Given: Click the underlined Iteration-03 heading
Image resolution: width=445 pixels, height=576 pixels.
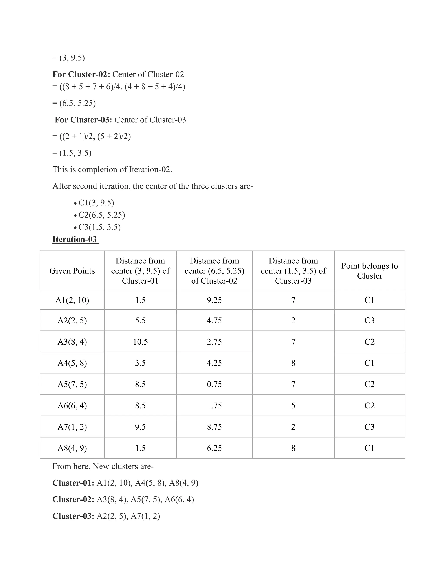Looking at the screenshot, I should pos(75,239).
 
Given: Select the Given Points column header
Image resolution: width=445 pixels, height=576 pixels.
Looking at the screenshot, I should pos(72,271).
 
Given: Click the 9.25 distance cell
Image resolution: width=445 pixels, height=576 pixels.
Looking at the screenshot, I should pos(214,300).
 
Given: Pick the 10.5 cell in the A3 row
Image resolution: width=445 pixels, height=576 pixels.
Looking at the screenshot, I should pos(140,342).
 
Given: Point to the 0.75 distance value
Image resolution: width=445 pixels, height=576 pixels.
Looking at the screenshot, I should pos(214,384).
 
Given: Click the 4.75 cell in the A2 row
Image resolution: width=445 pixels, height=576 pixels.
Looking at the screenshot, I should pos(214,320).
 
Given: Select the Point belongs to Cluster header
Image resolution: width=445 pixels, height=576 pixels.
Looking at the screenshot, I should pos(369,271).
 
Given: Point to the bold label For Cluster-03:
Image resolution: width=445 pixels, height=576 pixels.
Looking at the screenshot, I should pos(83,120).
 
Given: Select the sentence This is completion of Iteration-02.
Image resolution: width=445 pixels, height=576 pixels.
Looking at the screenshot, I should pos(112,169).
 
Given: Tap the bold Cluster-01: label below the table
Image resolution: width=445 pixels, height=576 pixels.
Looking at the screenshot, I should pos(73,483).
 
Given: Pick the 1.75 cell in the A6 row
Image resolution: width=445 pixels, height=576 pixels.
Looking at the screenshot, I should pos(214,406).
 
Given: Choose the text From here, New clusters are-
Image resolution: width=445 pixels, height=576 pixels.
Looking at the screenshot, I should pos(103,466).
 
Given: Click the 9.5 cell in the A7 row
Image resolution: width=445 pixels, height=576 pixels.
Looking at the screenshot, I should pos(140,427).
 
